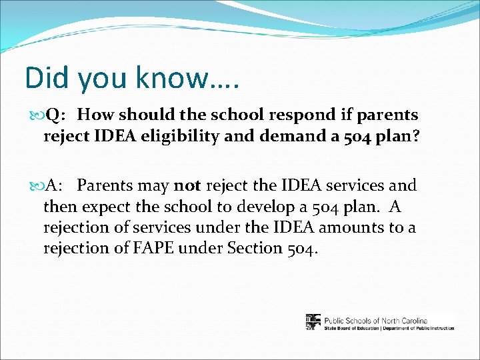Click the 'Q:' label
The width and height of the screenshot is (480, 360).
(x=53, y=115)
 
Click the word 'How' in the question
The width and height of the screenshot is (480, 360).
(x=93, y=115)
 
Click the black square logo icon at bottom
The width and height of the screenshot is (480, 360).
(x=313, y=322)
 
